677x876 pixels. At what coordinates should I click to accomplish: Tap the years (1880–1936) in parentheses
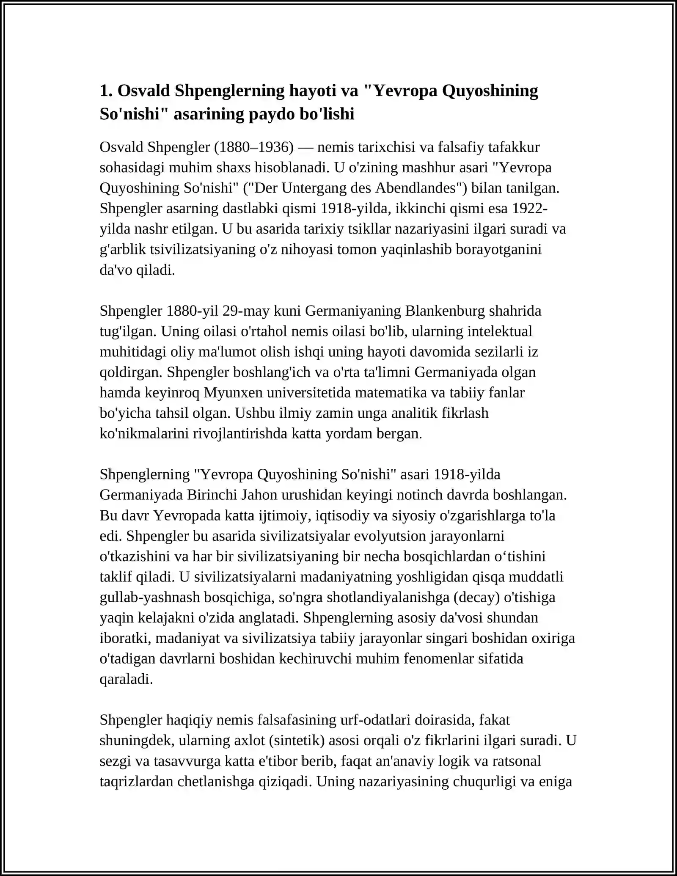click(254, 147)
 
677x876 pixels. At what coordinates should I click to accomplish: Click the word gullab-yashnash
click(150, 597)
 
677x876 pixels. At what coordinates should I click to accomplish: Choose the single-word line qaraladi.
click(126, 679)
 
